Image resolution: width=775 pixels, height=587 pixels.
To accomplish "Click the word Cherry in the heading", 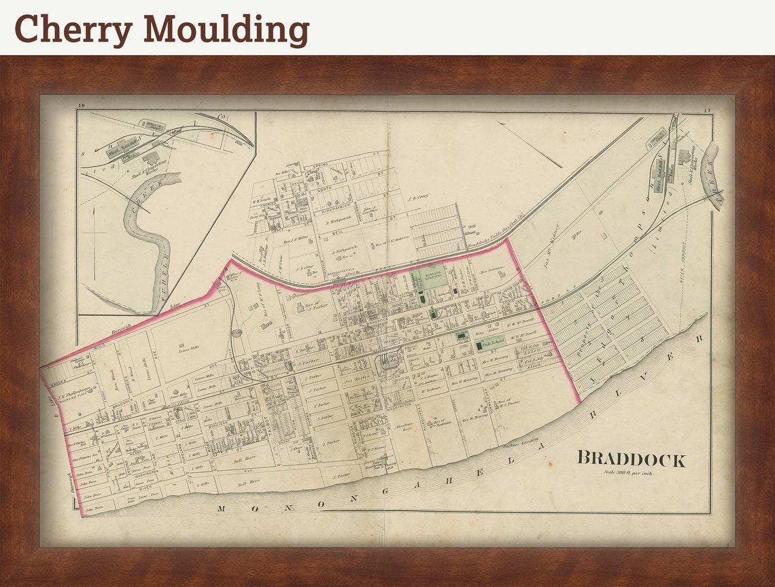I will [73, 29].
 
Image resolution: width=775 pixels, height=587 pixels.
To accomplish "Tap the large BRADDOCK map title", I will [631, 459].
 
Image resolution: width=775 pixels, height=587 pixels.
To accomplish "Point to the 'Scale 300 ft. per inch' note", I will [627, 473].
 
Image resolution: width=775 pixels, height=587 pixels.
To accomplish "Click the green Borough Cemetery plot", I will [428, 277].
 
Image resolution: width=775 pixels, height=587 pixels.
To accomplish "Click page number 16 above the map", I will [82, 105].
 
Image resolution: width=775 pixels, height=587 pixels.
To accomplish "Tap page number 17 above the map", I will [707, 110].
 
